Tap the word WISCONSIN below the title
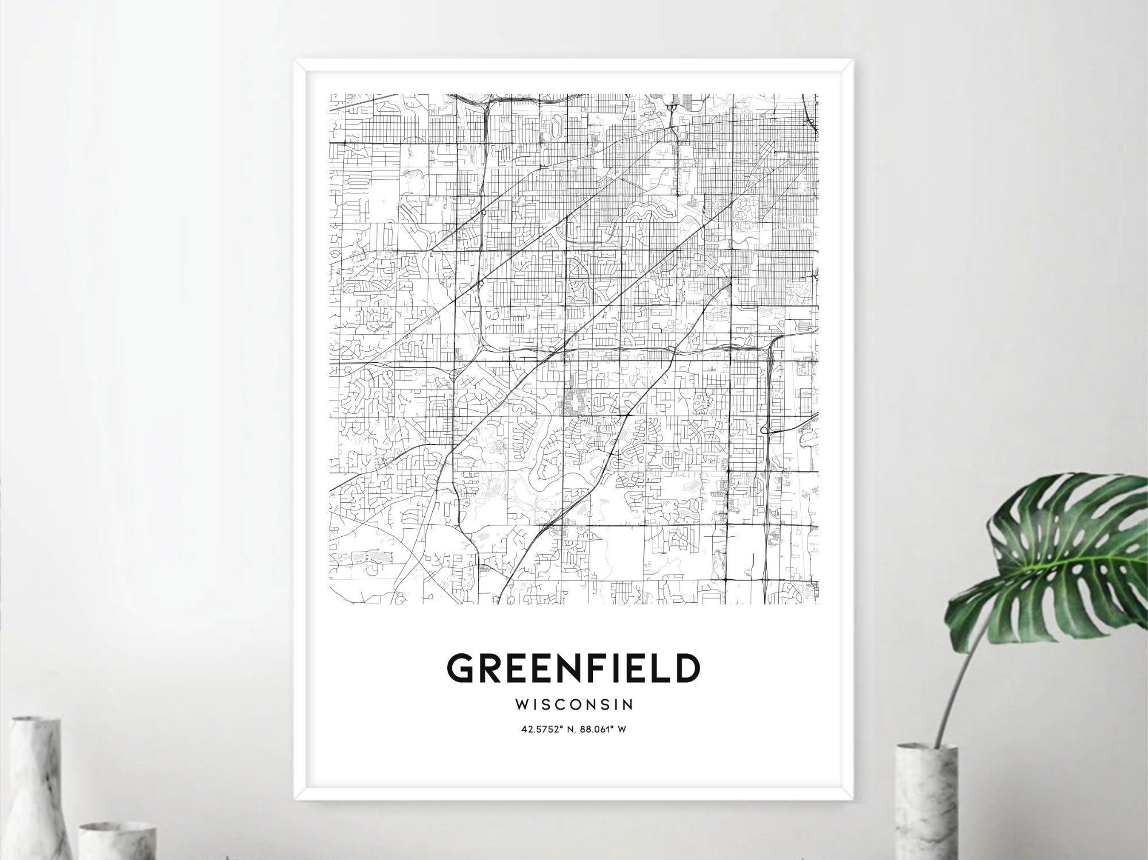click(x=573, y=703)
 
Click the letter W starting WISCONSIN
click(x=524, y=703)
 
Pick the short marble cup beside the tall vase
click(x=118, y=841)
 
